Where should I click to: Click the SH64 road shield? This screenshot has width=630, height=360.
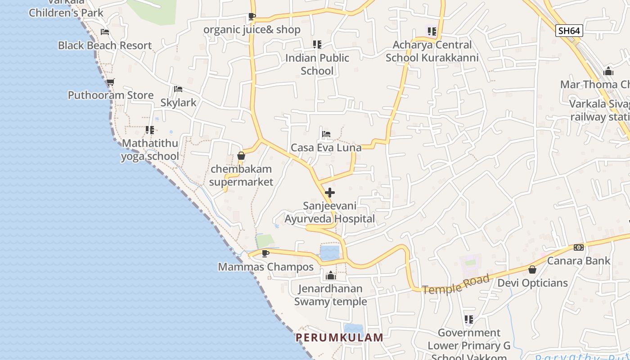click(x=569, y=31)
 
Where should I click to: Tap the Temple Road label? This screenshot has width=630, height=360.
click(x=456, y=284)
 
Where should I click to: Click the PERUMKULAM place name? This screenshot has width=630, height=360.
click(x=339, y=337)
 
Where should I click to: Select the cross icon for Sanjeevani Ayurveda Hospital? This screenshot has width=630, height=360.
click(x=330, y=193)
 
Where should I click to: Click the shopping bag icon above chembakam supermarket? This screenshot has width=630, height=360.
click(x=241, y=156)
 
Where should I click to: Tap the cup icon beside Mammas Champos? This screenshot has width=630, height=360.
click(x=265, y=253)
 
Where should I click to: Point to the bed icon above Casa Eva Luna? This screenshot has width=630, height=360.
click(x=326, y=134)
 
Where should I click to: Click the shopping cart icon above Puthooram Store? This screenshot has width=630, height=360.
click(x=111, y=82)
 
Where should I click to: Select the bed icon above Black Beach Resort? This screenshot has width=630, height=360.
click(x=105, y=32)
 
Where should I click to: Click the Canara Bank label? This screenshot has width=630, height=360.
click(x=579, y=261)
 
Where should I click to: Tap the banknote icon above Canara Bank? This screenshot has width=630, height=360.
click(x=579, y=247)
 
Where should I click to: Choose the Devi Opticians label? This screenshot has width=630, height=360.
click(x=532, y=283)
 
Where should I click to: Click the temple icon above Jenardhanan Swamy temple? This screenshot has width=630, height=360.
click(x=331, y=275)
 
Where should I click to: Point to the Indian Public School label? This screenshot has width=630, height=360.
click(x=317, y=64)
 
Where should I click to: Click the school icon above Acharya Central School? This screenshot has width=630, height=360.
click(x=432, y=31)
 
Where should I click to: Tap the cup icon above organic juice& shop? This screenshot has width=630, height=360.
click(x=252, y=17)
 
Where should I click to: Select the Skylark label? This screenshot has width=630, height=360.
click(x=179, y=102)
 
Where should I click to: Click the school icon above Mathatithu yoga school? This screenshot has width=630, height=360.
click(x=150, y=130)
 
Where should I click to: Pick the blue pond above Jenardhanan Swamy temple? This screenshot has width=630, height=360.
click(x=330, y=252)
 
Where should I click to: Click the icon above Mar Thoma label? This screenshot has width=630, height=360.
click(x=608, y=71)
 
